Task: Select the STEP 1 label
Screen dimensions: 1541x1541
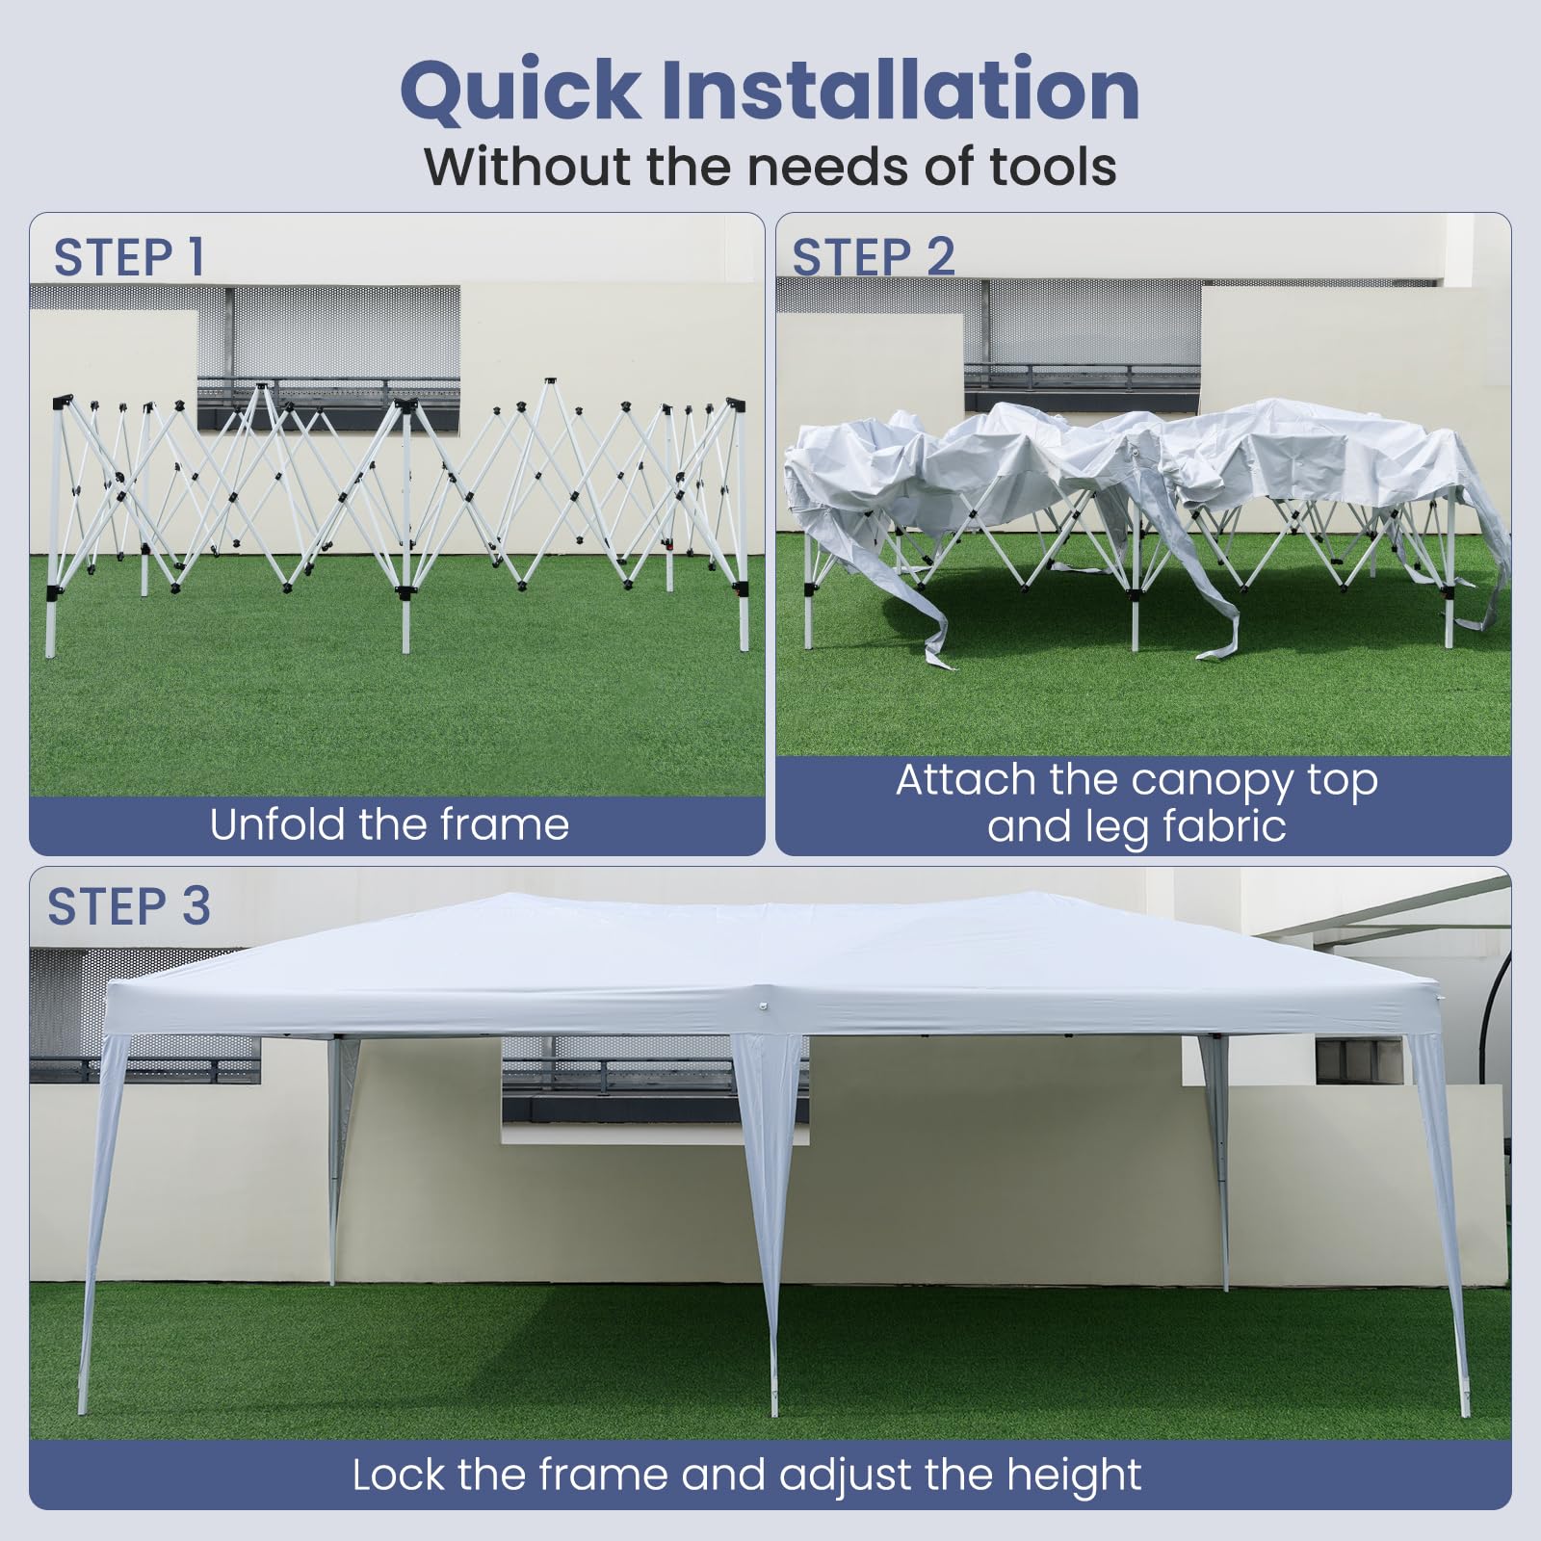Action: [129, 257]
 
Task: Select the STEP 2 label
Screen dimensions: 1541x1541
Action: [873, 257]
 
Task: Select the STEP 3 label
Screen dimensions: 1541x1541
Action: [129, 906]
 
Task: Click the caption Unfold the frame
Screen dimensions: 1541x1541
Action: [389, 824]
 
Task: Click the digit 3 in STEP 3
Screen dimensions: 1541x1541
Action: [196, 906]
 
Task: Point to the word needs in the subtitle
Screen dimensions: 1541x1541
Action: [830, 166]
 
